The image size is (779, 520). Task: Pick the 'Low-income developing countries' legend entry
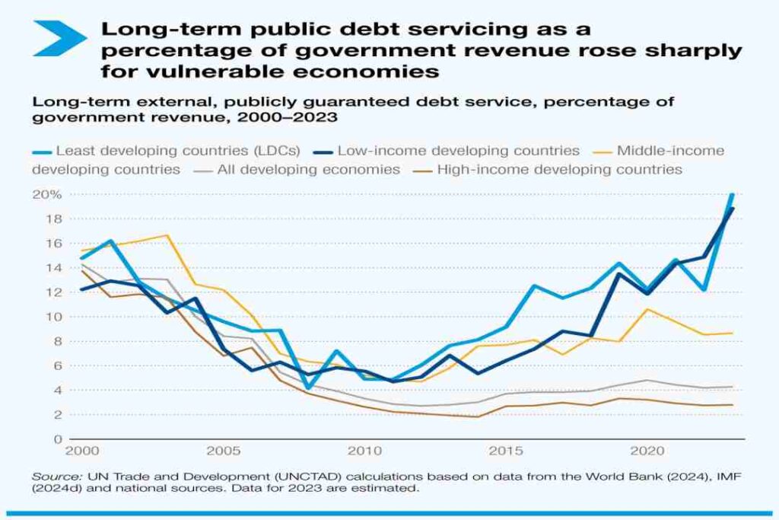coord(458,151)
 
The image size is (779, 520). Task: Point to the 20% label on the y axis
coord(46,195)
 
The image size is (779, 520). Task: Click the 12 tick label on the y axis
coord(52,292)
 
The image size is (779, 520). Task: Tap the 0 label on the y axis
coord(56,439)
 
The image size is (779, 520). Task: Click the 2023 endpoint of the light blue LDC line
coord(733,196)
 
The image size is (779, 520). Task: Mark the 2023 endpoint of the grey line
coord(733,387)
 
